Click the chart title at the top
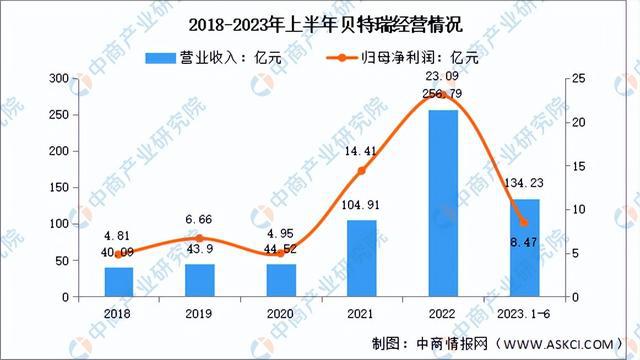(320, 23)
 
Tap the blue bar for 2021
(362, 259)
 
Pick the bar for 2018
(119, 282)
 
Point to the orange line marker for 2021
(362, 171)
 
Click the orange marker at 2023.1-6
(524, 223)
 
